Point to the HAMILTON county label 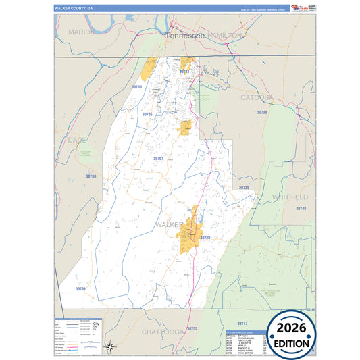224,34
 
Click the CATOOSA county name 257,97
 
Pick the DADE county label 78,139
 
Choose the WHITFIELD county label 290,197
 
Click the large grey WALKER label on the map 170,224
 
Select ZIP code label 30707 158,158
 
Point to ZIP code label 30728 205,238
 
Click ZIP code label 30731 80,288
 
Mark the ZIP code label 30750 137,87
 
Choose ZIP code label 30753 192,328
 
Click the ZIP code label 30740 301,209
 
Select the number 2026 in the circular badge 292,328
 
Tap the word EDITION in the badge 292,343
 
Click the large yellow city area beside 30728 188,233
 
